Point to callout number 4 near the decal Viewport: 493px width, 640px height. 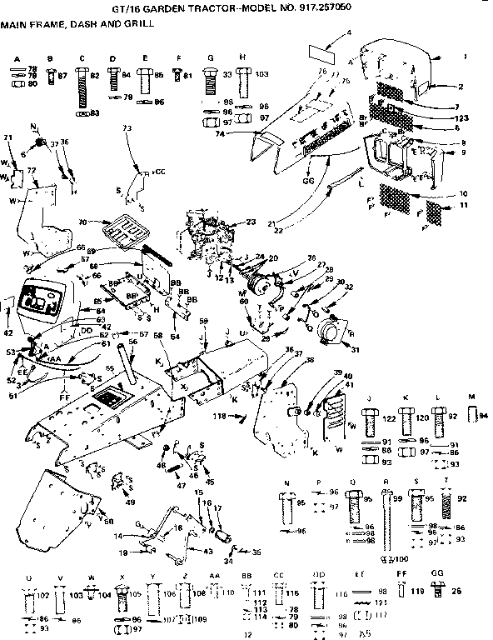click(x=349, y=32)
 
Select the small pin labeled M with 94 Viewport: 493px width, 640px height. click(x=472, y=414)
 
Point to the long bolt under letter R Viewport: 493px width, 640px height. click(x=386, y=523)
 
